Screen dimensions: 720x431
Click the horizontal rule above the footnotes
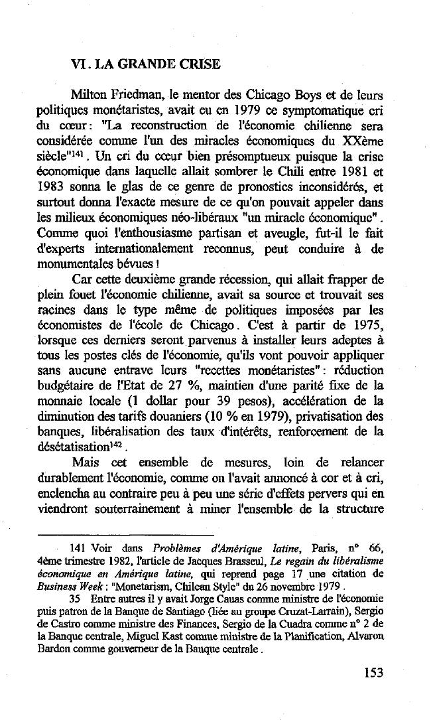click(x=126, y=534)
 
